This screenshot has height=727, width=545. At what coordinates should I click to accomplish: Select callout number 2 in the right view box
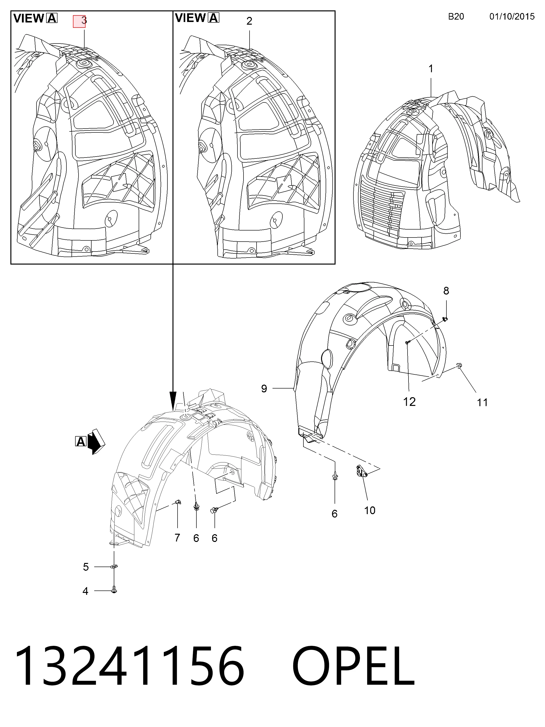[249, 21]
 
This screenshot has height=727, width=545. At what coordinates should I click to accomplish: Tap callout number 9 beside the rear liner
[264, 389]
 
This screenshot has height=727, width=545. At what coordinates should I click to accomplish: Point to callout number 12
[409, 402]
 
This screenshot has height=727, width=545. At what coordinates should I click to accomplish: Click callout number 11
[482, 402]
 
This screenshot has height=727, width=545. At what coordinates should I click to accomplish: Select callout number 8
[446, 291]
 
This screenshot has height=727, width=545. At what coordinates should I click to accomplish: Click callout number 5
[86, 567]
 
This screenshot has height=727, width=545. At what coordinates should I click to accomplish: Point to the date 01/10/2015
[512, 16]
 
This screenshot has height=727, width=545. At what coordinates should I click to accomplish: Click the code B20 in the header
[456, 16]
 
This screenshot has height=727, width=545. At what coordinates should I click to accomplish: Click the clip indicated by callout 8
[445, 318]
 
